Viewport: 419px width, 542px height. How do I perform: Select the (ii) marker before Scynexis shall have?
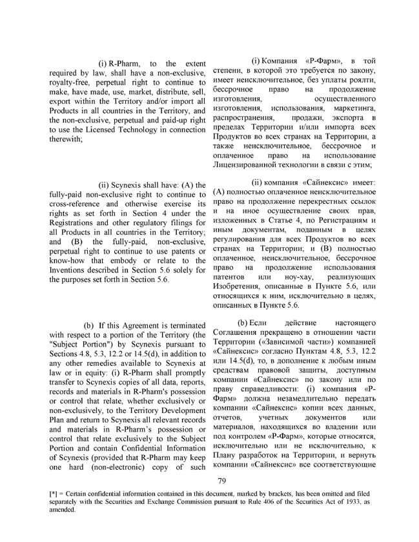pyautogui.click(x=106, y=185)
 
